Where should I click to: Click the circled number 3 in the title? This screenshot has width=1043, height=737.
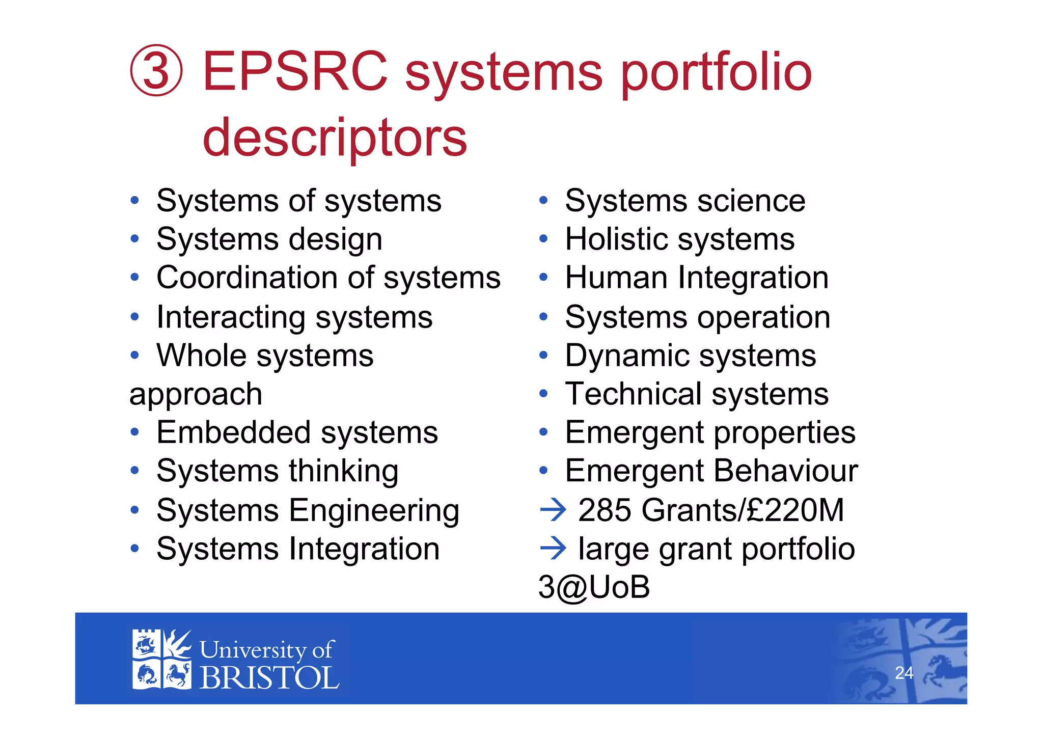pyautogui.click(x=156, y=70)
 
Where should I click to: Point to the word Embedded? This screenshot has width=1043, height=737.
pyautogui.click(x=233, y=432)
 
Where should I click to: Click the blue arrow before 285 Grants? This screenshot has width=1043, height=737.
pyautogui.click(x=553, y=510)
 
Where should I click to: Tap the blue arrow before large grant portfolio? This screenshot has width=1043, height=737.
pyautogui.click(x=553, y=549)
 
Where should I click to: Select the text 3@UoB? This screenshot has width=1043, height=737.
pyautogui.click(x=594, y=587)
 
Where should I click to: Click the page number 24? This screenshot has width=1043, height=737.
pyautogui.click(x=904, y=673)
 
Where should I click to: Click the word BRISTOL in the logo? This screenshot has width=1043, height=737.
pyautogui.click(x=269, y=678)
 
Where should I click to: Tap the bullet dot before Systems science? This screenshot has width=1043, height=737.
pyautogui.click(x=543, y=201)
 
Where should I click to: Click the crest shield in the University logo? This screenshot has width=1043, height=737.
pyautogui.click(x=161, y=659)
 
